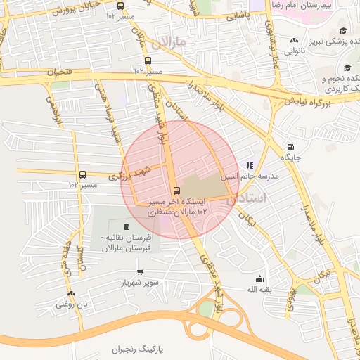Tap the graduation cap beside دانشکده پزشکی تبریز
click(342, 30)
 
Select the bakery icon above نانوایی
click(295, 39)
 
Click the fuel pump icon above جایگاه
click(290, 147)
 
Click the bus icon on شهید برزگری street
click(82, 174)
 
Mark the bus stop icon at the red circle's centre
click(176, 191)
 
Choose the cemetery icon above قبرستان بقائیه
click(125, 226)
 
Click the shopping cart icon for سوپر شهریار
click(139, 271)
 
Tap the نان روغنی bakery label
click(70, 304)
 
